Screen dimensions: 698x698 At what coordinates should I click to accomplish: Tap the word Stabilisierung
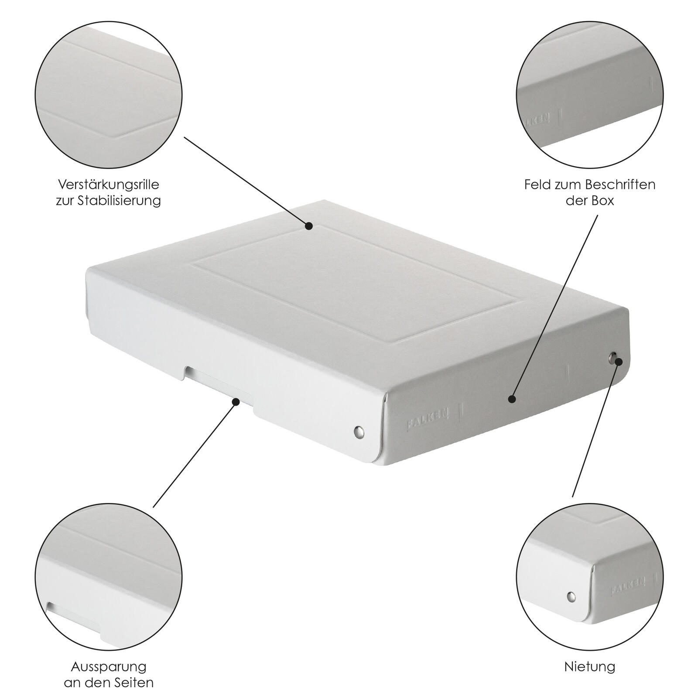tap(119, 201)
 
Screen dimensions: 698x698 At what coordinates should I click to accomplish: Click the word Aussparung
tap(109, 667)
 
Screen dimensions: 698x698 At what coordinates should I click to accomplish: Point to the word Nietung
tap(590, 667)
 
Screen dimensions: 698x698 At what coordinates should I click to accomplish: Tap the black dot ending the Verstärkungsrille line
tap(309, 226)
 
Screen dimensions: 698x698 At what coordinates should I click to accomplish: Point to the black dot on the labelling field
tap(512, 399)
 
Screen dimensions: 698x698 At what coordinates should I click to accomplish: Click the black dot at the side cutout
tap(236, 401)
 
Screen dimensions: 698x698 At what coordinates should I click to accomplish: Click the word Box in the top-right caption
tap(603, 201)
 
